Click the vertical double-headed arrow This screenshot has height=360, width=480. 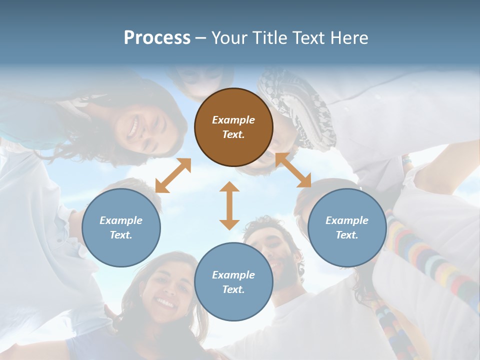[229, 205]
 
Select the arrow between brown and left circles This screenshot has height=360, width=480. [173, 175]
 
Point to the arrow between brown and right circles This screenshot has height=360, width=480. [293, 170]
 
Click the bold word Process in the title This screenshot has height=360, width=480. [157, 37]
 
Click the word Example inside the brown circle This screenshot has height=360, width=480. [233, 120]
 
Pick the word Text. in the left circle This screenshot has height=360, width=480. [121, 235]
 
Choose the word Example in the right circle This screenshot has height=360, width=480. [347, 220]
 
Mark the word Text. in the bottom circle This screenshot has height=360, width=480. [233, 289]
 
